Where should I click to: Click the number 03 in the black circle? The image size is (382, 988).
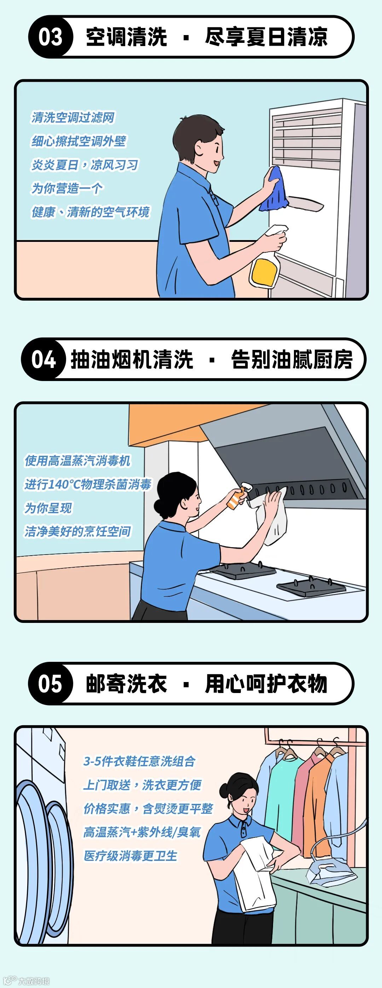coord(50,37)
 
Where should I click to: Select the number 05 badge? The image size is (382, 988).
coord(50,683)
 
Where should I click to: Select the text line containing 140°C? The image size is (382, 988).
coord(88,484)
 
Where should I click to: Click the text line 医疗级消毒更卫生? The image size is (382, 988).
coord(131,856)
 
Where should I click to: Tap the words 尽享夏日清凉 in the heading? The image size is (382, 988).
coord(266,37)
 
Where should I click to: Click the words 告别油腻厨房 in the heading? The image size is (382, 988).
coord(291,359)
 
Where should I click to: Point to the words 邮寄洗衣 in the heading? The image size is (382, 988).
coord(126,683)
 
